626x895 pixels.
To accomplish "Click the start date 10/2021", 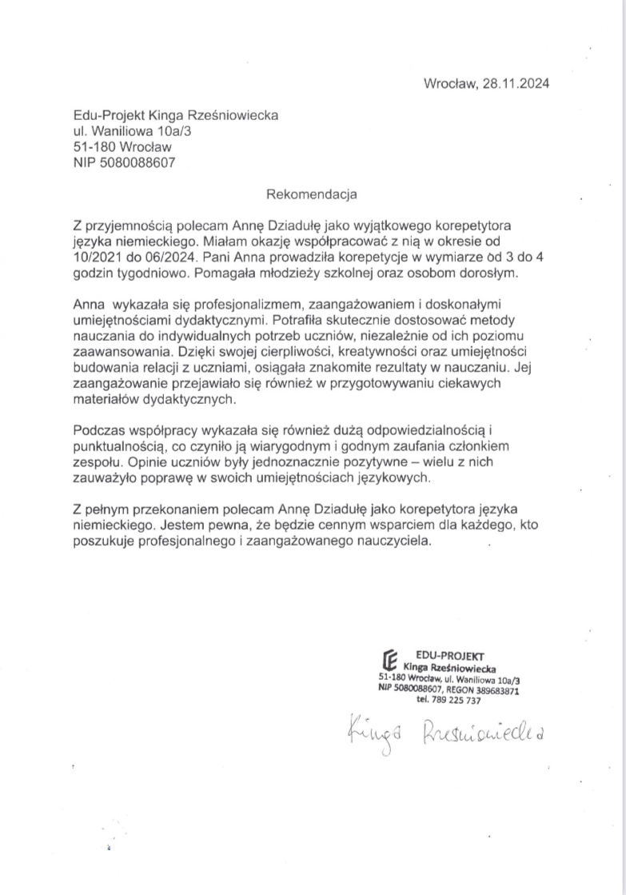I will coord(98,256).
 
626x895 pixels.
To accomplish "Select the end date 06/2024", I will coord(164,256).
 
